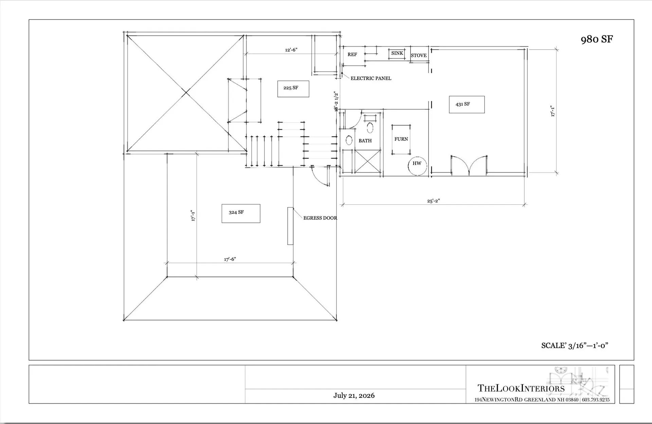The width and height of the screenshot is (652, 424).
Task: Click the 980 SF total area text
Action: coord(597,39)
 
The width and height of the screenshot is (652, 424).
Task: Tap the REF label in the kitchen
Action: coord(352,54)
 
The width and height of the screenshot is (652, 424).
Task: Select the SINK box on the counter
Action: coord(397,53)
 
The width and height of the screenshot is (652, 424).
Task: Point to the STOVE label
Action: coord(419,55)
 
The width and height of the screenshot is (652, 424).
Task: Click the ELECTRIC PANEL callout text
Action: coord(371,78)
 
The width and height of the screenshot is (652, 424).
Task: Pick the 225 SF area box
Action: coord(293,89)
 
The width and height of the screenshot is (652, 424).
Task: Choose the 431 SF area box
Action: coord(467,104)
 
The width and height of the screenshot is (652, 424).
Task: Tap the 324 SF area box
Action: coord(241,214)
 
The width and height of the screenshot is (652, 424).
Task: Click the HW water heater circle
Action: coord(417,166)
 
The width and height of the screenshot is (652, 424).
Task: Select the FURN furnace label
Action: coord(401,139)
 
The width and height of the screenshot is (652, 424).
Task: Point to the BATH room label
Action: coord(365,141)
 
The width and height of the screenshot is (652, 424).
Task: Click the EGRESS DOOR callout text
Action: coord(320,218)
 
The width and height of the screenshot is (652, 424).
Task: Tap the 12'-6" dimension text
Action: coord(291,50)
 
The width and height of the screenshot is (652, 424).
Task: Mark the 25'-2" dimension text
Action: coord(433,201)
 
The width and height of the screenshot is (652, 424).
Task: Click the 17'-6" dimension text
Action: coord(230,259)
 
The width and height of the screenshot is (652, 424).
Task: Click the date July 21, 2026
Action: coord(354,395)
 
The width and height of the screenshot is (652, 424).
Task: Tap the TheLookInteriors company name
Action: coord(521,388)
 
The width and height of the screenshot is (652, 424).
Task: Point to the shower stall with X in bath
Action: coord(368,161)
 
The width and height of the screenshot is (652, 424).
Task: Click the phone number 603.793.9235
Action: coord(596,400)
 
